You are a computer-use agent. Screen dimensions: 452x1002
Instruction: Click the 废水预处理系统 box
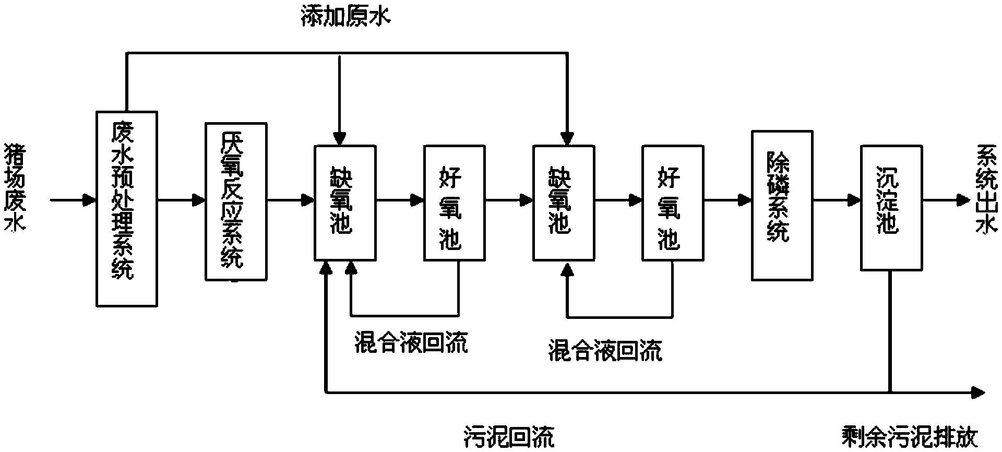pos(126,208)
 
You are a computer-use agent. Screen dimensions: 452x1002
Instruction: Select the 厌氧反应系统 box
pos(236,201)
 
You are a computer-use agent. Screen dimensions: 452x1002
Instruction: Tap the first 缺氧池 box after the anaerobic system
pos(344,203)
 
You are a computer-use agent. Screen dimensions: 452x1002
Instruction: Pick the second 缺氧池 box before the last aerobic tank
pos(563,203)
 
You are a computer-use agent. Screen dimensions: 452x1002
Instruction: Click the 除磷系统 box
pos(782,205)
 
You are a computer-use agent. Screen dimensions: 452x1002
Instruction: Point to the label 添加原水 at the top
pos(346,18)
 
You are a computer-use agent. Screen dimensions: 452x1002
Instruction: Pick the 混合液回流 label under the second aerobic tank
pos(605,350)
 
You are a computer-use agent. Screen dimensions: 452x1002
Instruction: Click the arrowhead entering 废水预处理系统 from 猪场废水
pos(90,199)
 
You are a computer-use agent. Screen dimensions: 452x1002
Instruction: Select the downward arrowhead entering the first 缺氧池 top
pos(340,139)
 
